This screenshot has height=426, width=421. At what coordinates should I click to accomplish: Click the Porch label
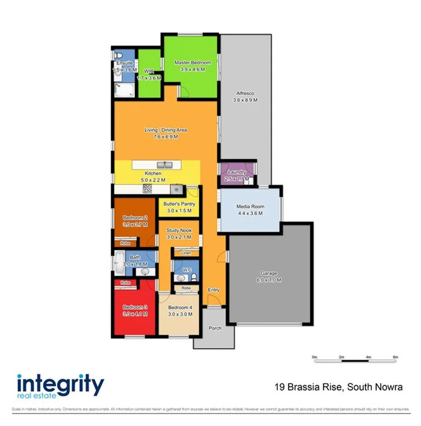tap(214, 328)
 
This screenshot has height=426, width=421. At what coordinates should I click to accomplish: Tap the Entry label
tap(214, 290)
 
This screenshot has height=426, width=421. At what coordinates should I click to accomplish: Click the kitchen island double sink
tap(165, 165)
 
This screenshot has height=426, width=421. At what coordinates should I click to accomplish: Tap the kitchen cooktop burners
tap(148, 188)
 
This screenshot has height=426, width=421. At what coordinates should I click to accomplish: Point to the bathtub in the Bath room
tap(120, 262)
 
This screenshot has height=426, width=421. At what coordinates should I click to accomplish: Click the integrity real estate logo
tap(60, 386)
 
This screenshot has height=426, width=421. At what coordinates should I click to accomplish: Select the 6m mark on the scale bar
tap(396, 358)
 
